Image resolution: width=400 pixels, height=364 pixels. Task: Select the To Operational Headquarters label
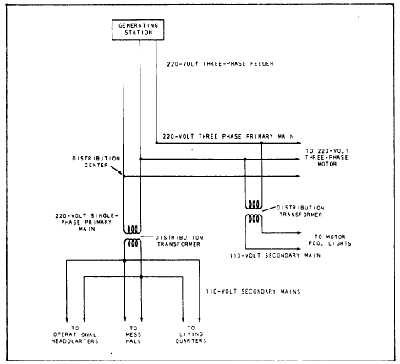coord(78,338)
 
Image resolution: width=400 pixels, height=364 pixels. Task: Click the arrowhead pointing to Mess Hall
coord(133,318)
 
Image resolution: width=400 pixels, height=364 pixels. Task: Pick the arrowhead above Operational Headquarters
coord(84,318)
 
